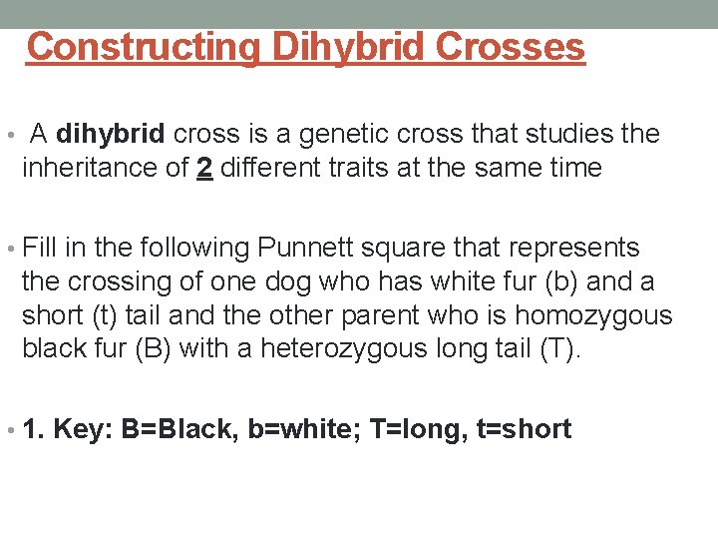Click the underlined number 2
pyautogui.click(x=204, y=168)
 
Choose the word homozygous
pyautogui.click(x=593, y=315)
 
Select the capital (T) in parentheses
pyautogui.click(x=560, y=349)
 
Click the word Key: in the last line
pyautogui.click(x=83, y=430)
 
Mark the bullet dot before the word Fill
pyautogui.click(x=11, y=249)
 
